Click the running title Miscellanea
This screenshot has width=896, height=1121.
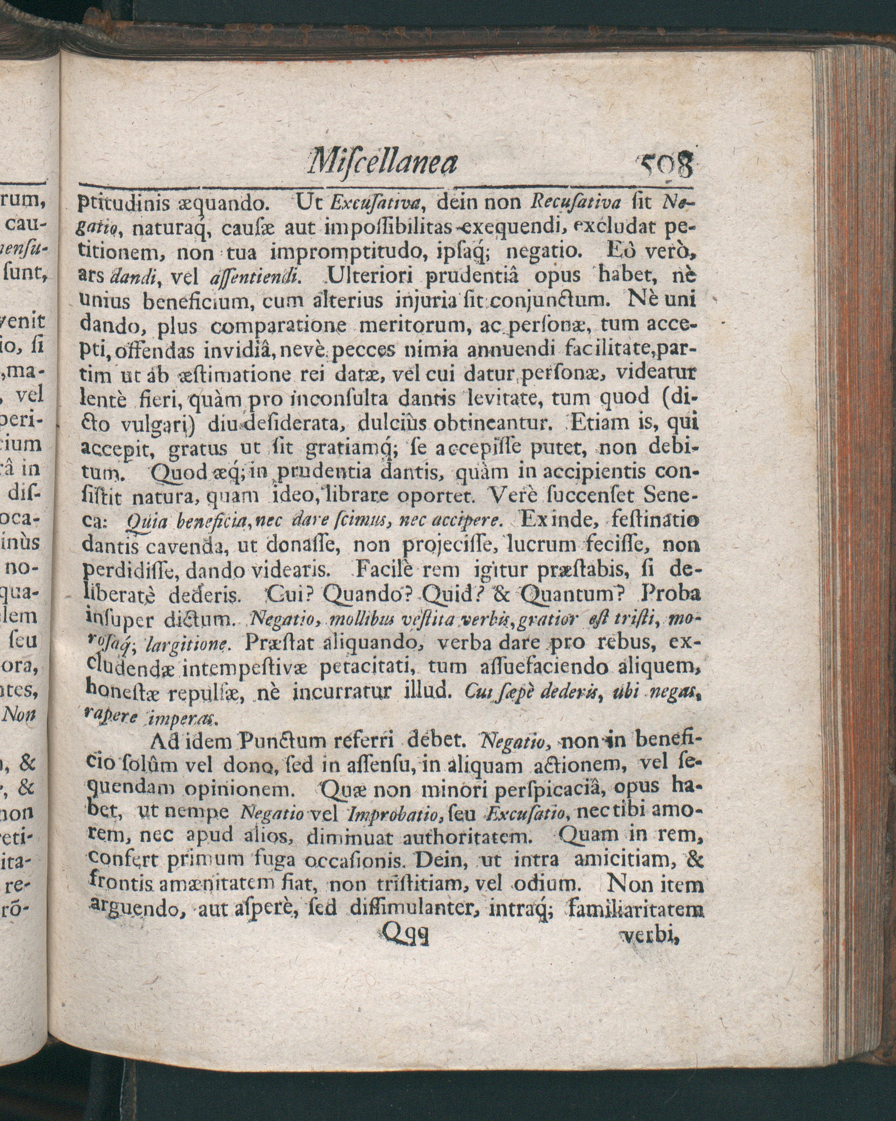coord(383,163)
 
